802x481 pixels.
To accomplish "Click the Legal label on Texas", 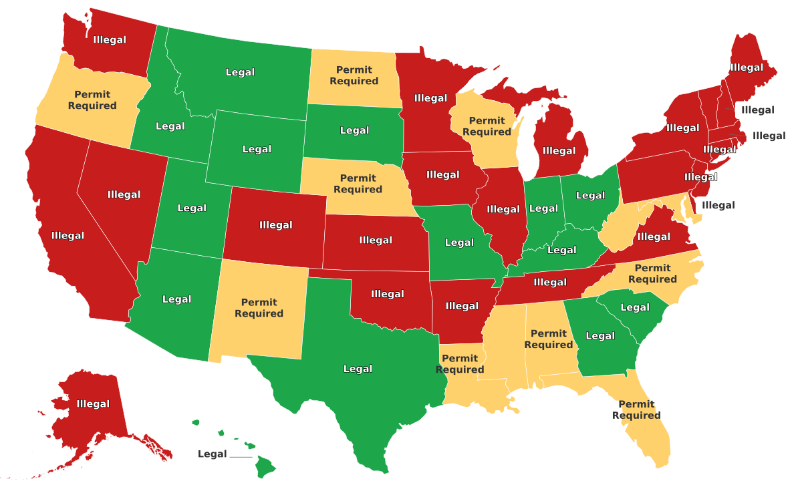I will (x=358, y=369).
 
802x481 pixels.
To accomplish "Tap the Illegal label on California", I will (x=68, y=236).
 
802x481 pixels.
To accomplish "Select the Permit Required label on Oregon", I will (x=92, y=100).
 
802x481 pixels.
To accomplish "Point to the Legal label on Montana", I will (x=240, y=72).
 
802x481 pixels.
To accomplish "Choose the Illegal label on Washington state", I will (x=110, y=40).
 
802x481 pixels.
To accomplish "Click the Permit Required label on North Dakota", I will (x=354, y=75).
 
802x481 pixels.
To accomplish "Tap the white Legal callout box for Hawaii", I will (x=213, y=454).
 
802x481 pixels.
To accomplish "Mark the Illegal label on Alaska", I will (x=93, y=404).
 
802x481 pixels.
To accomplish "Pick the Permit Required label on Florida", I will (x=636, y=410).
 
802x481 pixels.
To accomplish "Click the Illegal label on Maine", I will (x=747, y=67).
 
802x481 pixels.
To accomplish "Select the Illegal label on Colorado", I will (x=276, y=225).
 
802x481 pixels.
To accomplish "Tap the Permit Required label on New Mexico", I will (x=259, y=308).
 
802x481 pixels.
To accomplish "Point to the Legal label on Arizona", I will (x=176, y=299).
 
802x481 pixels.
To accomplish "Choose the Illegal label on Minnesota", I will (x=430, y=98).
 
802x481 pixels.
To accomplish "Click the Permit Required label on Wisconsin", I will (x=487, y=126).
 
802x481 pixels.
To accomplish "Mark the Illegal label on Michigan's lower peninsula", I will (x=559, y=151).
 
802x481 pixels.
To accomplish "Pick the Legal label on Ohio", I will (x=590, y=196).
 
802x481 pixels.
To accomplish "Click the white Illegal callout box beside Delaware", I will (x=718, y=206).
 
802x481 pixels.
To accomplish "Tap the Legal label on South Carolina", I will (x=635, y=308).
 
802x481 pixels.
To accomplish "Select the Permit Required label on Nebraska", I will (x=358, y=184).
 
